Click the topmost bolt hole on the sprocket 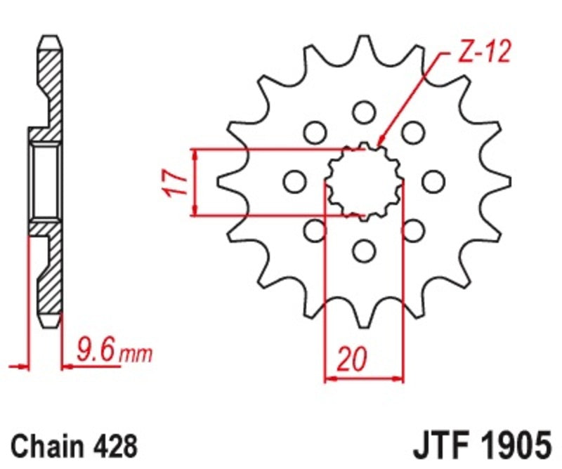[363, 111]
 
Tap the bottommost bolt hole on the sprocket [363, 250]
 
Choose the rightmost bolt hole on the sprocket [433, 180]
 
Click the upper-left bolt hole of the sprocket [314, 131]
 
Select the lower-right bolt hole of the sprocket [413, 230]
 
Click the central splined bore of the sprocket [363, 180]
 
